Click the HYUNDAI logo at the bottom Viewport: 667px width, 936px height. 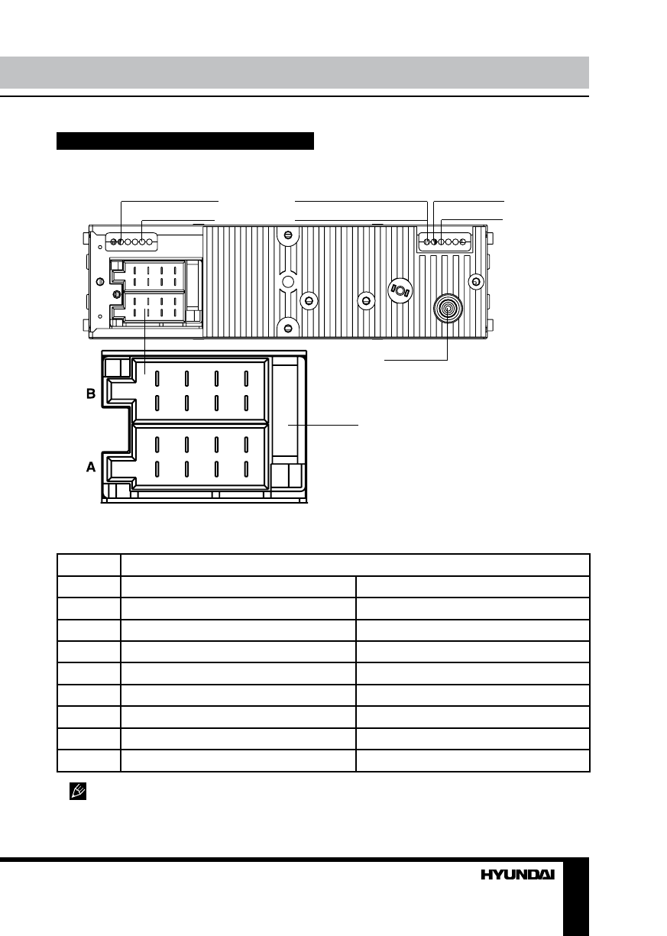coord(518,875)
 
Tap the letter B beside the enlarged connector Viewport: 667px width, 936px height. coord(91,394)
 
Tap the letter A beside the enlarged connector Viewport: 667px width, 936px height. coord(91,467)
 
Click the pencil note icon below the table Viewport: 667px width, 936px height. coord(78,791)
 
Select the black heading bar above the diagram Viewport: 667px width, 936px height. coord(185,141)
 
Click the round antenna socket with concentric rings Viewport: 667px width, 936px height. coord(448,309)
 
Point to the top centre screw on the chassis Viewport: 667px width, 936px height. coord(288,235)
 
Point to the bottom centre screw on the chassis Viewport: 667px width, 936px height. coord(288,329)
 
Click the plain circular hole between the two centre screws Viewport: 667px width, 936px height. coord(288,282)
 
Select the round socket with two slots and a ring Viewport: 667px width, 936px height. coord(400,290)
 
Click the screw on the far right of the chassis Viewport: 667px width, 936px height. coord(476,282)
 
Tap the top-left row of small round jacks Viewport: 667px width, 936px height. coord(131,242)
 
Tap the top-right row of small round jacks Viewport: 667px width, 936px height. coord(445,242)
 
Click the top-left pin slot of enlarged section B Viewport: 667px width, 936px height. coord(157,378)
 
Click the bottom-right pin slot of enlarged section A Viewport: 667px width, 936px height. coord(246,469)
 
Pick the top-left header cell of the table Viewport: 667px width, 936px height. coord(89,565)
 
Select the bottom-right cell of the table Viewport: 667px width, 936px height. coord(473,760)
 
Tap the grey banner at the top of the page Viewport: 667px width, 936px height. coord(295,73)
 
